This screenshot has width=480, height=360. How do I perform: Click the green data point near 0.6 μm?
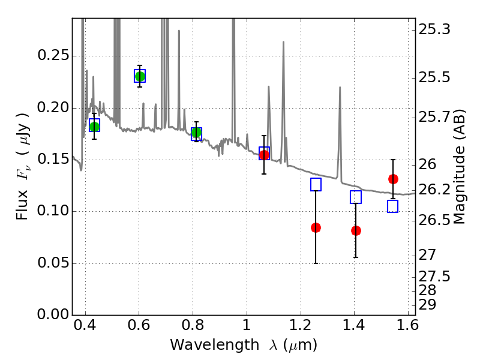[x=140, y=76]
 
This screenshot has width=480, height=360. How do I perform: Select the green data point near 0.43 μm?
[x=94, y=125]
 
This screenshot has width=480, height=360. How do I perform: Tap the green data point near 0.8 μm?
[x=196, y=133]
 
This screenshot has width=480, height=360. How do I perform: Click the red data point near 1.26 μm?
[x=316, y=227]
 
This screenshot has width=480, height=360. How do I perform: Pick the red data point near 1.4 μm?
[x=356, y=230]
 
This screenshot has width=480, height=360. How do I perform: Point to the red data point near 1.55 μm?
[x=393, y=179]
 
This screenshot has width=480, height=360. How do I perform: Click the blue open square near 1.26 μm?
[x=316, y=185]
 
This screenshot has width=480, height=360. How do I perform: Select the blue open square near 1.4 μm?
[x=356, y=197]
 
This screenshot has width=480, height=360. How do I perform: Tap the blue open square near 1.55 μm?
[x=393, y=206]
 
